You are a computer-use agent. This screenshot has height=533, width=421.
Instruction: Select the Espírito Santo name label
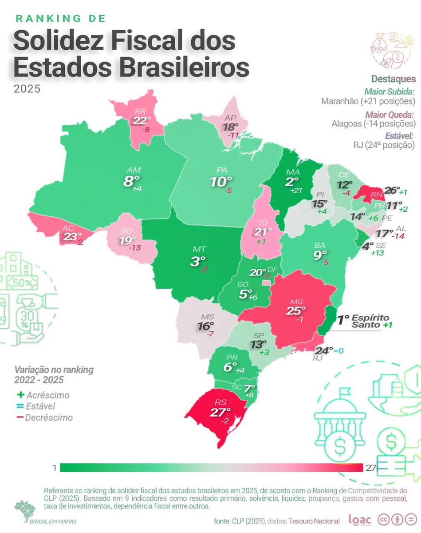tap(370, 322)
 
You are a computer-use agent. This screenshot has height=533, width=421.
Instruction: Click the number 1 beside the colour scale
tap(54, 468)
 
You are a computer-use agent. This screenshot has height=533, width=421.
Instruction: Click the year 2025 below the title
tap(27, 88)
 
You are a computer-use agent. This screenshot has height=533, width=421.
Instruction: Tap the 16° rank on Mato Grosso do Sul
tap(205, 326)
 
